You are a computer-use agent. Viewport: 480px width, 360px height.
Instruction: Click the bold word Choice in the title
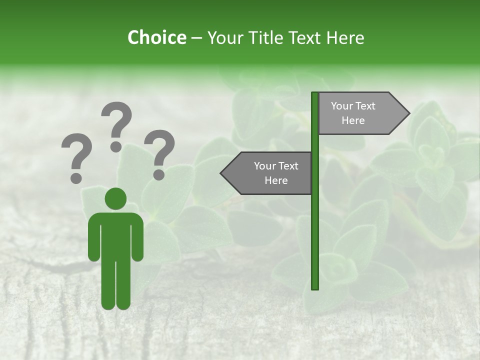[x=156, y=37]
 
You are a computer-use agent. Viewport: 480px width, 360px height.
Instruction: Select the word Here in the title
[x=345, y=37]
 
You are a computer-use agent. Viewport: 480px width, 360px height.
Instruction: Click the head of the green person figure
[x=115, y=198]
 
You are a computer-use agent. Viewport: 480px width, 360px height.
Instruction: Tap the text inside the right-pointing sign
[x=353, y=113]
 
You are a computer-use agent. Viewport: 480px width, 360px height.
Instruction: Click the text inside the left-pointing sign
[x=276, y=173]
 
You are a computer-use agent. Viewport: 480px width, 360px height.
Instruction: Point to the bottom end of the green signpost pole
[x=315, y=287]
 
